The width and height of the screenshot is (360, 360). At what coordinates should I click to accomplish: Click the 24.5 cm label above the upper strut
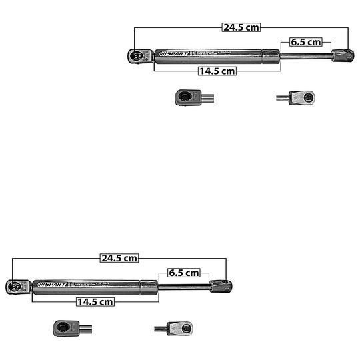pyautogui.click(x=241, y=27)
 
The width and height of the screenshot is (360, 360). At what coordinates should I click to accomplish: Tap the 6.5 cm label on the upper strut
pyautogui.click(x=305, y=42)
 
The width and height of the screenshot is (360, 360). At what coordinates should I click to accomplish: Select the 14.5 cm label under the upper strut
pyautogui.click(x=217, y=71)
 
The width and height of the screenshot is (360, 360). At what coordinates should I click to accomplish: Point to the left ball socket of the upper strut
pyautogui.click(x=137, y=56)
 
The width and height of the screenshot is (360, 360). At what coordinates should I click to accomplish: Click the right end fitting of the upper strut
pyautogui.click(x=341, y=56)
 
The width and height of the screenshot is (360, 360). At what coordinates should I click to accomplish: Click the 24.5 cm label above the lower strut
pyautogui.click(x=119, y=258)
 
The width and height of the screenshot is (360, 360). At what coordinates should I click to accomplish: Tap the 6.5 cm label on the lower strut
pyautogui.click(x=183, y=273)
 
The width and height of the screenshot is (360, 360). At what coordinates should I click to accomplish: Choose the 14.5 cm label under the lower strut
pyautogui.click(x=95, y=301)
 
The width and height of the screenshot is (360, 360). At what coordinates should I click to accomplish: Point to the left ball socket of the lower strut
pyautogui.click(x=15, y=287)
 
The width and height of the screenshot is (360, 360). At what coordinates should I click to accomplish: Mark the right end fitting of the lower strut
pyautogui.click(x=220, y=287)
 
